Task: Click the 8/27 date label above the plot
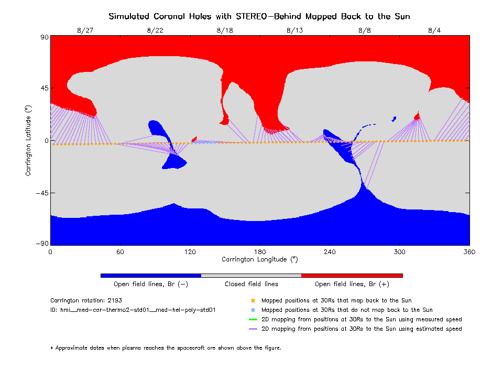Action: (85, 30)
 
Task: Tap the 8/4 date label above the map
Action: (434, 30)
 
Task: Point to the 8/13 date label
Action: (295, 30)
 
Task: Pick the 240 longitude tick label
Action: (330, 252)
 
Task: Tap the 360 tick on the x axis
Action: (469, 252)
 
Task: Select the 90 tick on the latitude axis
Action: (44, 37)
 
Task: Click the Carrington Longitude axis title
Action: (259, 259)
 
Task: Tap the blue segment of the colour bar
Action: (150, 275)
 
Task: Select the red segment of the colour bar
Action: (352, 275)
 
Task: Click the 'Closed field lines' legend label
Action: (251, 284)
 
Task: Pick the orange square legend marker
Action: (253, 301)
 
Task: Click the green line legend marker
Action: (253, 319)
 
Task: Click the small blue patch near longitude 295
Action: (393, 119)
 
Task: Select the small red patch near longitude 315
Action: (418, 116)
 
